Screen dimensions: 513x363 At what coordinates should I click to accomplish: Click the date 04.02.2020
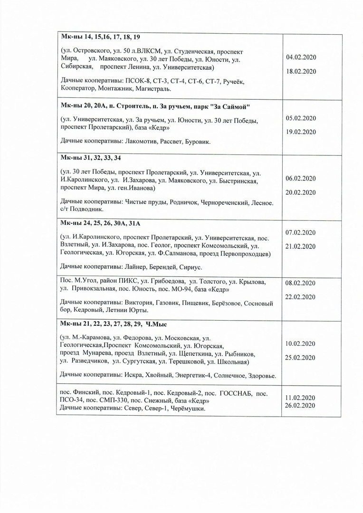301,57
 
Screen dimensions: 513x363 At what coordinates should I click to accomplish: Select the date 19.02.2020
301,132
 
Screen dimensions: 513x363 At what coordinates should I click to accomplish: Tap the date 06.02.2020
301,179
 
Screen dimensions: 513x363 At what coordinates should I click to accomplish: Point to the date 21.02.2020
301,246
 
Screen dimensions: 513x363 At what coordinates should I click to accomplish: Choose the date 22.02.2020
301,297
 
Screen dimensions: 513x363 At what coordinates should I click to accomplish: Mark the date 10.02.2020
301,343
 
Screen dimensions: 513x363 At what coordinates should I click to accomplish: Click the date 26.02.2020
301,405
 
